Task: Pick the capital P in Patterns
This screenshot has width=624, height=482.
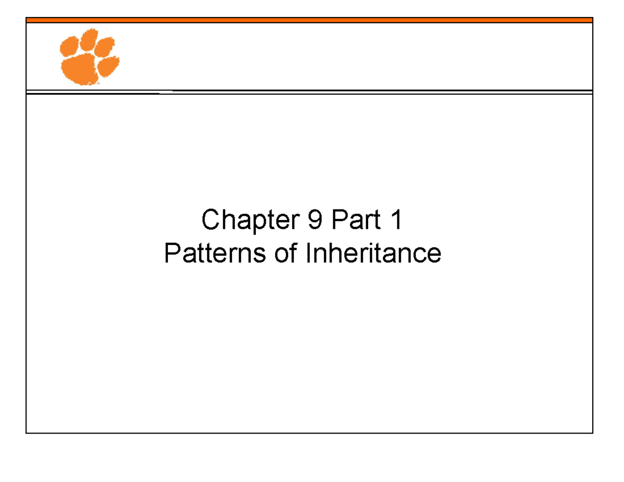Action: [x=171, y=254]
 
